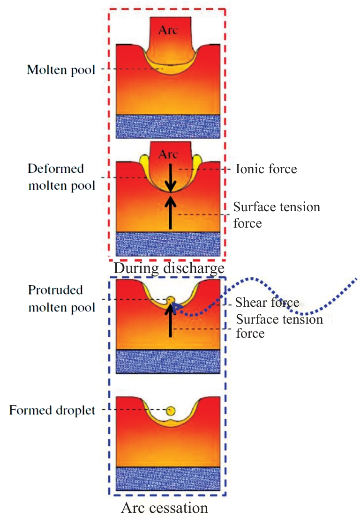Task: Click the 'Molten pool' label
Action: [x=61, y=70]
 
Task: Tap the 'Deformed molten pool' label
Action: [x=61, y=177]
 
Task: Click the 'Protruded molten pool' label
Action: [x=61, y=299]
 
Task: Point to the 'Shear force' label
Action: [x=267, y=303]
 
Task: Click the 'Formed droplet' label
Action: [x=52, y=411]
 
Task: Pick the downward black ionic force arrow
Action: [x=171, y=178]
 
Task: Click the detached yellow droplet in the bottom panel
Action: [x=171, y=411]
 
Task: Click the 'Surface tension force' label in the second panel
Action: [x=277, y=215]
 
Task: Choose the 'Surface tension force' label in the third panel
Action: [x=279, y=326]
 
